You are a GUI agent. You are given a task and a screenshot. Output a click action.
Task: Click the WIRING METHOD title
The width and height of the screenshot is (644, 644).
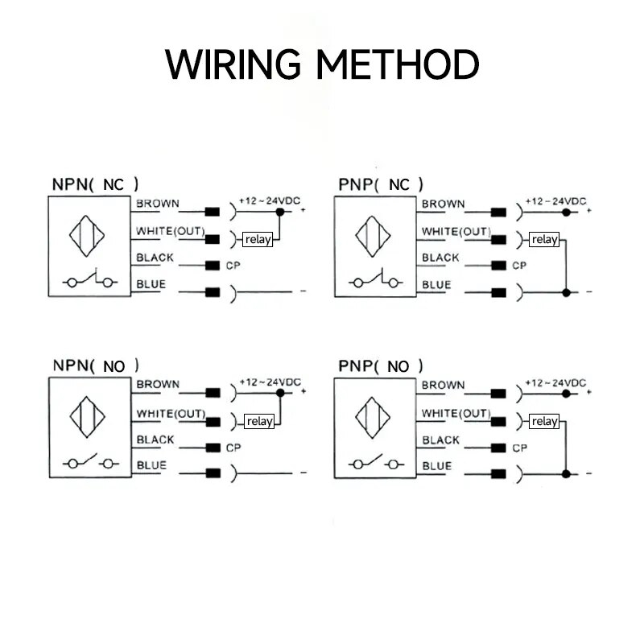coord(322,64)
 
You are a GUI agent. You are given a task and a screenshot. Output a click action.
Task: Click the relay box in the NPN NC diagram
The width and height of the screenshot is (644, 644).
coord(258,239)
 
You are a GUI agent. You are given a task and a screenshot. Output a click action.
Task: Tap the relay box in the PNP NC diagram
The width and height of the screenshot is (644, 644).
coord(544,239)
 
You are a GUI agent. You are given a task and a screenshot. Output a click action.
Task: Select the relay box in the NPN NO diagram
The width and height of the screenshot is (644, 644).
coord(259,420)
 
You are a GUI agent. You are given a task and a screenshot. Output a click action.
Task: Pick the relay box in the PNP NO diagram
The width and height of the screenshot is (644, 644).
coord(544,420)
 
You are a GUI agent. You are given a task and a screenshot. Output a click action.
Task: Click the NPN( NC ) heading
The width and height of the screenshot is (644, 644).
coord(95,184)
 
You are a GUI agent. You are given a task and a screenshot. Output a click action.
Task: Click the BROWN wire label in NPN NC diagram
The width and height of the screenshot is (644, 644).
coord(158,204)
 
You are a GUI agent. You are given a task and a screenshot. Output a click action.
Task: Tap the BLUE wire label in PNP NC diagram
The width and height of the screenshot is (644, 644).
coord(436,284)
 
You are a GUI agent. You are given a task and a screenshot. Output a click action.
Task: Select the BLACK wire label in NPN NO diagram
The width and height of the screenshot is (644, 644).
coord(155,440)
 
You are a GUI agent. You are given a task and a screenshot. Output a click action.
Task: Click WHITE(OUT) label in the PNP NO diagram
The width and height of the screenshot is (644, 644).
coord(456,414)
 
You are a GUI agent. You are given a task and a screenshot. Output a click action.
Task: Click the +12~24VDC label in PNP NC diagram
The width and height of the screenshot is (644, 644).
coord(555,201)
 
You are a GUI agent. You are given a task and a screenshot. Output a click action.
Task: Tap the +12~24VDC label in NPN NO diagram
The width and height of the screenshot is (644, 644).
coord(270,382)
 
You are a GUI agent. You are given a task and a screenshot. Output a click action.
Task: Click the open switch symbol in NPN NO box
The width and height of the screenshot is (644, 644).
coord(88,464)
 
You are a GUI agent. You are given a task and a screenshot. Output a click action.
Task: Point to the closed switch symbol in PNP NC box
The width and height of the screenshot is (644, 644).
coord(374,283)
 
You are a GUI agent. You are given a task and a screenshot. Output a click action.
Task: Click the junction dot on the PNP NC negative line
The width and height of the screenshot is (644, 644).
coord(566,292)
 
